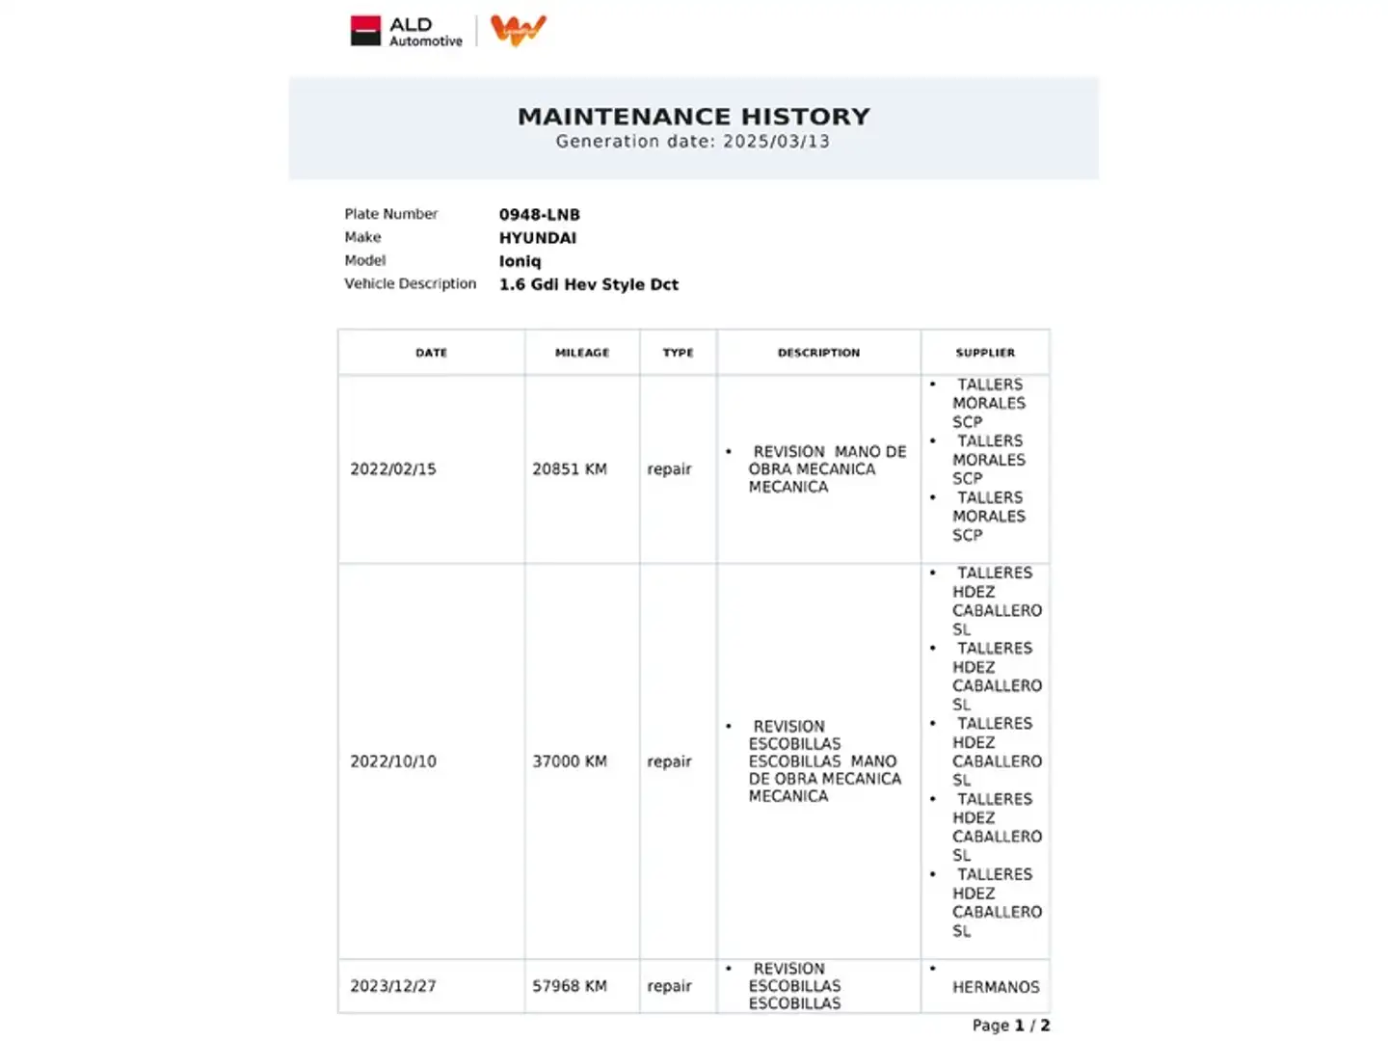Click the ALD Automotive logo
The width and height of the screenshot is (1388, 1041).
tap(406, 31)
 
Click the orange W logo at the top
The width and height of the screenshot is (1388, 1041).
tap(518, 30)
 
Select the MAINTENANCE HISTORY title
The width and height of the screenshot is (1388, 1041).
tap(693, 117)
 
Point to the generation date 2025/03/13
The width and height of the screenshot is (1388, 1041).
tap(776, 142)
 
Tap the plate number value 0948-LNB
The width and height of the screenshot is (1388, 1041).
tap(539, 215)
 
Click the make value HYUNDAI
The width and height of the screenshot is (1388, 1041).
tap(537, 238)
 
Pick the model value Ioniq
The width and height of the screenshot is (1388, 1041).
tap(520, 261)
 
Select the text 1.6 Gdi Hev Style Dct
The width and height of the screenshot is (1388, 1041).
tap(588, 284)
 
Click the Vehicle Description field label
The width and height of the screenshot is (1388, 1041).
tap(410, 283)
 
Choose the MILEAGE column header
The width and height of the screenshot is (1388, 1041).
tap(582, 353)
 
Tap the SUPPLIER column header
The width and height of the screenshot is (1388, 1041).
tap(985, 353)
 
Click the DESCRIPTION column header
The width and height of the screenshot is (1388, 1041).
tap(818, 353)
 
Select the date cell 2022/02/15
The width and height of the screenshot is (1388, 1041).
tap(393, 469)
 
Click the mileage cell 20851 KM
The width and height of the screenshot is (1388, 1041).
tap(570, 469)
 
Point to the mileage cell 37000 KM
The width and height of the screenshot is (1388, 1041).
tap(570, 761)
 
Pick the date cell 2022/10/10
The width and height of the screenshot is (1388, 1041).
tap(393, 761)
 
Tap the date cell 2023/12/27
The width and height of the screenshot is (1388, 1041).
tap(393, 986)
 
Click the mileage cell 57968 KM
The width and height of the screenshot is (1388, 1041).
tap(570, 986)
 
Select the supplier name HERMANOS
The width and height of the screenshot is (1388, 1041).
tap(996, 987)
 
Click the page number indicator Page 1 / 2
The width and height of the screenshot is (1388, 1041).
tap(1010, 1026)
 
